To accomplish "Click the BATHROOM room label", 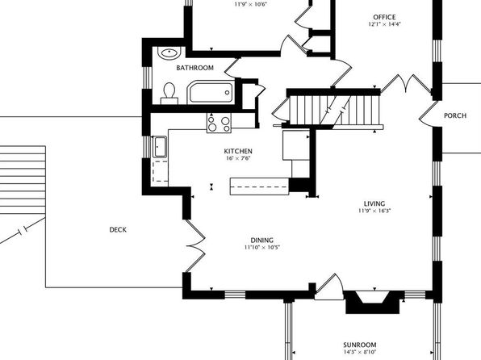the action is pyautogui.click(x=194, y=68).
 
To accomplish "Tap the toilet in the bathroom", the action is pyautogui.click(x=169, y=94).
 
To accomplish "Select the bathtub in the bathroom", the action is pyautogui.click(x=211, y=92).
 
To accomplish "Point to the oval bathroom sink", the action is pyautogui.click(x=169, y=52).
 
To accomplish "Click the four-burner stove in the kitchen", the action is pyautogui.click(x=219, y=123).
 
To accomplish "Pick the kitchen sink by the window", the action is pyautogui.click(x=160, y=147).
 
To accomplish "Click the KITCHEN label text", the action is pyautogui.click(x=238, y=151).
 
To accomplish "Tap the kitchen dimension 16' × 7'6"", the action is pyautogui.click(x=238, y=158).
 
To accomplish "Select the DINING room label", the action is pyautogui.click(x=262, y=241).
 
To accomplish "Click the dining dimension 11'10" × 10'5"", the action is pyautogui.click(x=262, y=247).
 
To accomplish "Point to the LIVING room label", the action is pyautogui.click(x=374, y=203).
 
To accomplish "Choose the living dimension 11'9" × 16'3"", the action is pyautogui.click(x=374, y=211).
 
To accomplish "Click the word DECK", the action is pyautogui.click(x=118, y=229).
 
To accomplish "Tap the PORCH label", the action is pyautogui.click(x=455, y=115).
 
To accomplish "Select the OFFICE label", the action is pyautogui.click(x=384, y=17).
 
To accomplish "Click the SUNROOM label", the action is pyautogui.click(x=360, y=345).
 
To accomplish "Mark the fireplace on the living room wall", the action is pyautogui.click(x=372, y=302).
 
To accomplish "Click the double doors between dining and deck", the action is pyautogui.click(x=195, y=245).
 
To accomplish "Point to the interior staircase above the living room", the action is pyautogui.click(x=335, y=109).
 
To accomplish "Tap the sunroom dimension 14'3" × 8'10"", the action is pyautogui.click(x=360, y=352).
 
